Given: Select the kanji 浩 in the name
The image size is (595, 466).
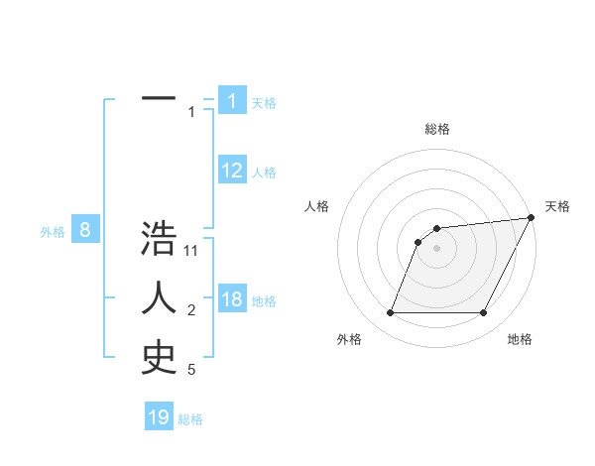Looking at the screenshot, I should pos(159,240).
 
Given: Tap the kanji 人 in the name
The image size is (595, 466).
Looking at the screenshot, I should pos(159,298).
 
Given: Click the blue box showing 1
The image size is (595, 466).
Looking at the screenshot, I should pos(232,101).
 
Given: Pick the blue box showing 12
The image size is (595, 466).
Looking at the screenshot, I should pos(232,171).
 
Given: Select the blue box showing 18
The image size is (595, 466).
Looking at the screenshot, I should pos(232,299).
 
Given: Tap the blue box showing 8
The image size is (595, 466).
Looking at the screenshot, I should pos(85,231).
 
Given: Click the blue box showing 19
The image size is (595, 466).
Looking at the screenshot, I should pos(159,417).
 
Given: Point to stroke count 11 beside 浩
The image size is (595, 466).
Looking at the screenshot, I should pos(191,251).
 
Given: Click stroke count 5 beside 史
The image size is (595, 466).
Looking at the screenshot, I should pos(191,370).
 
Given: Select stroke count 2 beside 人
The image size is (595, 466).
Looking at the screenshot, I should pos(191,310).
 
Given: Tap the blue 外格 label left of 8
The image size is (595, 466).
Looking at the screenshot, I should pos(53,232).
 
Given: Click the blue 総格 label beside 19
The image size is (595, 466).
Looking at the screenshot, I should pos(190,419).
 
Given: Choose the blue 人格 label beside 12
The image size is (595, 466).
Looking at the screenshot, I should pos(264,173).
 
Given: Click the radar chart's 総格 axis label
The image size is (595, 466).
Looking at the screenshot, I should pos(436,129).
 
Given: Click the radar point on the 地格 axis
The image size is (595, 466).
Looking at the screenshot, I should pos(484,313).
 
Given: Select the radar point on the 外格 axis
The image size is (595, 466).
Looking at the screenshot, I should pos(390,313).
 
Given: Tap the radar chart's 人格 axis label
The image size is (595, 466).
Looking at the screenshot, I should pos(316,206).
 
